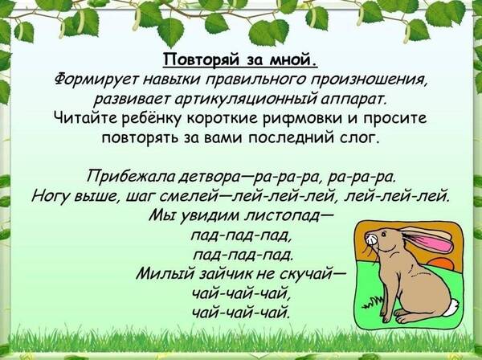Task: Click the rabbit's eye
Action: tap(383, 235)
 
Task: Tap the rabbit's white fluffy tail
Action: tap(451, 308)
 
